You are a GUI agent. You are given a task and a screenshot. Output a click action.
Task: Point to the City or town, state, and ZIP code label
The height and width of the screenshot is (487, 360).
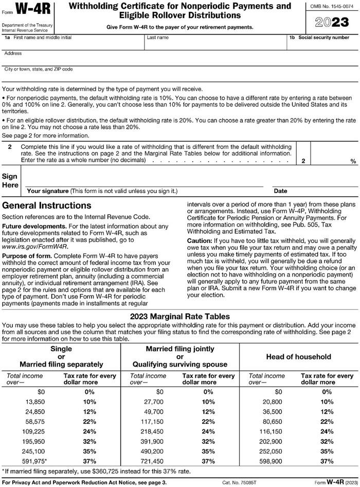(x=39, y=69)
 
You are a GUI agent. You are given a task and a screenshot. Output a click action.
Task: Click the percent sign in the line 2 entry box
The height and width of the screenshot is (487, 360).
(x=353, y=161)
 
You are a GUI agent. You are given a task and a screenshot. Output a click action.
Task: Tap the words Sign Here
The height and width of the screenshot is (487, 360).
(x=10, y=180)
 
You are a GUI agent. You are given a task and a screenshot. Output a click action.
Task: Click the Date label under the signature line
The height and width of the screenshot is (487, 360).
(x=280, y=191)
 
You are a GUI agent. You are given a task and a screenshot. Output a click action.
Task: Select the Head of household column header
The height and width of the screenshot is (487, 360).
(x=299, y=342)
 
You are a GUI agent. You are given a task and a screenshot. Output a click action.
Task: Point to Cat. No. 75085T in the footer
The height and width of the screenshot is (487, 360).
(x=241, y=481)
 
